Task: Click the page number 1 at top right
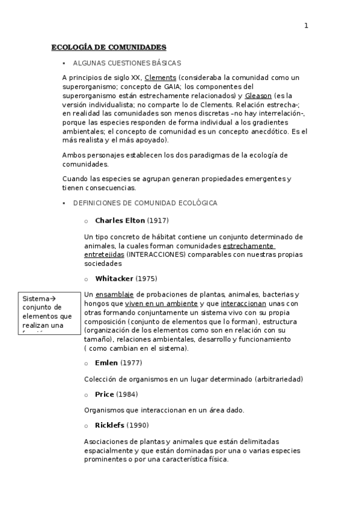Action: (x=306, y=25)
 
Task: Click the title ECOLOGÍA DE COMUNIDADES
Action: (x=109, y=47)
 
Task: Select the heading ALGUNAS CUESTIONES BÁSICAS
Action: (x=127, y=63)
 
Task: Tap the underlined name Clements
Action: (x=160, y=78)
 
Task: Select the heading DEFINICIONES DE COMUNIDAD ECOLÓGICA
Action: (x=145, y=203)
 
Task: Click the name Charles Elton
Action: (x=120, y=220)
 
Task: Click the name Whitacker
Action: (x=114, y=278)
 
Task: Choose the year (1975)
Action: (x=147, y=278)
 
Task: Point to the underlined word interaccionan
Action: (x=243, y=304)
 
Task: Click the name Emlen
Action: (x=106, y=363)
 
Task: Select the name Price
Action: (x=105, y=395)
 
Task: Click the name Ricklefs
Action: (x=109, y=426)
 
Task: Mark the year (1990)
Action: (x=138, y=426)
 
